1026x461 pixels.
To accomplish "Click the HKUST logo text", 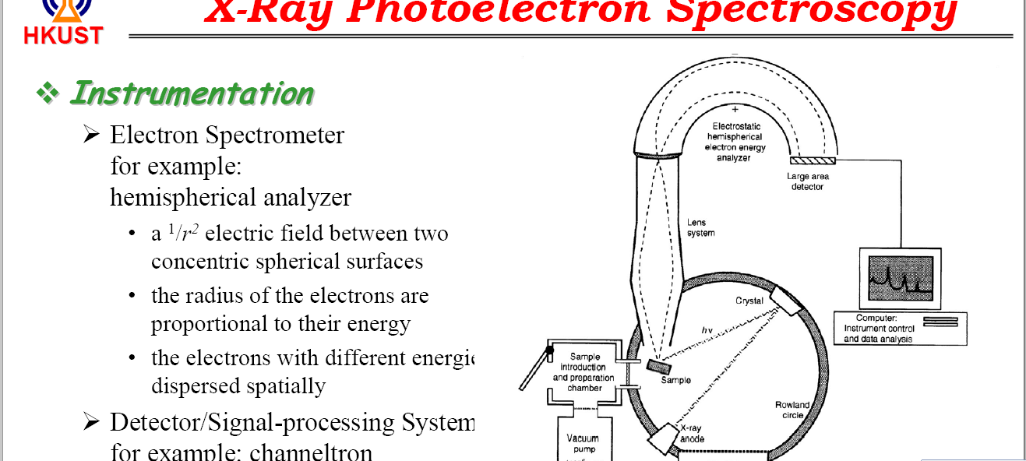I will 62,35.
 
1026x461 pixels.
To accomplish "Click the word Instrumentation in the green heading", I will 192,93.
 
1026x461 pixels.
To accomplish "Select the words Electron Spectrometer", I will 227,135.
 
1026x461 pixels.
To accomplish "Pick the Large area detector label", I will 807,181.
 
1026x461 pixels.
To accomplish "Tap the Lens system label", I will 700,227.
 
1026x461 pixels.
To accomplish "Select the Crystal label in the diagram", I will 749,301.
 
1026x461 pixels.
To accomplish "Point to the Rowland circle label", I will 792,410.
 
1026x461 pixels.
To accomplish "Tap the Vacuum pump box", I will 584,442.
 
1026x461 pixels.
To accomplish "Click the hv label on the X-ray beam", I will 707,330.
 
